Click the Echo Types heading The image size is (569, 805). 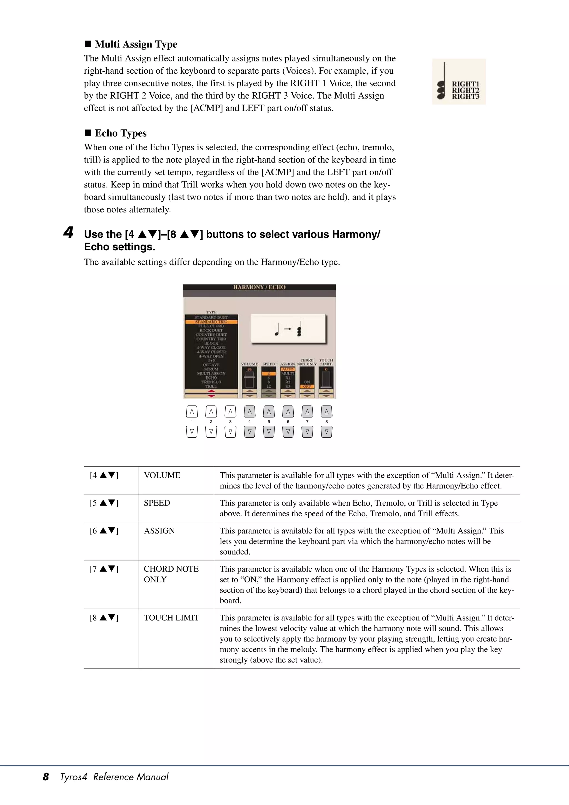pos(121,133)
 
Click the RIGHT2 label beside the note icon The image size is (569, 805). pos(465,90)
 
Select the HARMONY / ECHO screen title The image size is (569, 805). pos(259,287)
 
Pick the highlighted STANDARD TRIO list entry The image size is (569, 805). pos(211,321)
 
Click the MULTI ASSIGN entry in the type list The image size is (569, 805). pos(211,373)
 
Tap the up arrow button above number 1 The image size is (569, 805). pos(192,412)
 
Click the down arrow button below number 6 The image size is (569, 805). pos(288,432)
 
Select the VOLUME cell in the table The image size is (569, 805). pos(162,475)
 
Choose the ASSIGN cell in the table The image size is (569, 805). pos(159,530)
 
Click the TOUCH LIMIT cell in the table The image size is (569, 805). pos(171,617)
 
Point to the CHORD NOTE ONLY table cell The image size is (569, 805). pos(171,574)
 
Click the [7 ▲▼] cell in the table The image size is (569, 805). pos(104,569)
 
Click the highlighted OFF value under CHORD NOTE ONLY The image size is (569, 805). pos(307,386)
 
